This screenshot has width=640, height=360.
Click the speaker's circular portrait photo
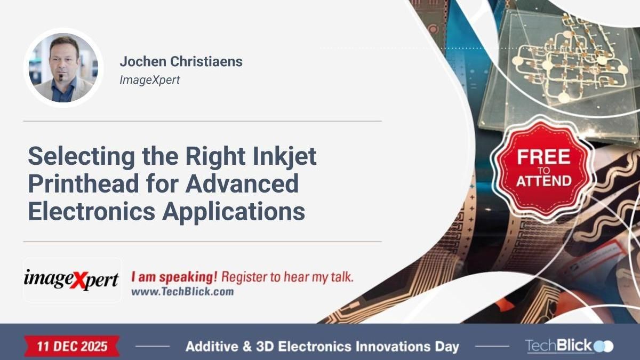(63, 68)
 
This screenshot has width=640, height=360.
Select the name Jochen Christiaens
(181, 61)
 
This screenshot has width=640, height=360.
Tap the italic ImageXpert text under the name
(150, 80)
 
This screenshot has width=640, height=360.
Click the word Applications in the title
(234, 211)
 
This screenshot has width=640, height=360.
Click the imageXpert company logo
(72, 279)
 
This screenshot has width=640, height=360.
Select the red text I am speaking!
(174, 277)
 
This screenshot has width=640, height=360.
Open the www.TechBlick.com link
(182, 292)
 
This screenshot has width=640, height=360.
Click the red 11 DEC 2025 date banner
(71, 346)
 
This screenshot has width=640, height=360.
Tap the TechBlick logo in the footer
(569, 346)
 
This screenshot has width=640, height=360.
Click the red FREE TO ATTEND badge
(543, 169)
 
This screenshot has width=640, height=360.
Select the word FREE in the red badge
(543, 157)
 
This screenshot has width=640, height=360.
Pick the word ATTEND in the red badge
(543, 181)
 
